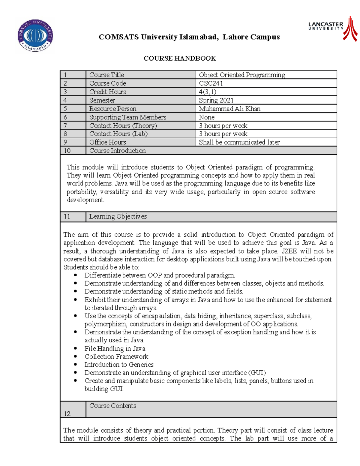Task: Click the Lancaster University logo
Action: (x=333, y=28)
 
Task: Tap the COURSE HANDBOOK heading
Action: (x=180, y=58)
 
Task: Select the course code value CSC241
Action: (x=211, y=83)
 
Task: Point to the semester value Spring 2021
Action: (x=216, y=100)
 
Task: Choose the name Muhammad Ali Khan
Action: (x=229, y=109)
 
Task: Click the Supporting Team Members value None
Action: (x=207, y=117)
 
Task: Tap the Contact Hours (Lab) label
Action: (x=118, y=134)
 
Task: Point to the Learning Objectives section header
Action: (x=118, y=216)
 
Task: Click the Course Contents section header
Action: (x=112, y=406)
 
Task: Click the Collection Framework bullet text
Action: (x=116, y=356)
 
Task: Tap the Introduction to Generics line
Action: (x=119, y=365)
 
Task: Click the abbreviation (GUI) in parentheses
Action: (x=257, y=373)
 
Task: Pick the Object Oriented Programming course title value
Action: (x=242, y=75)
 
